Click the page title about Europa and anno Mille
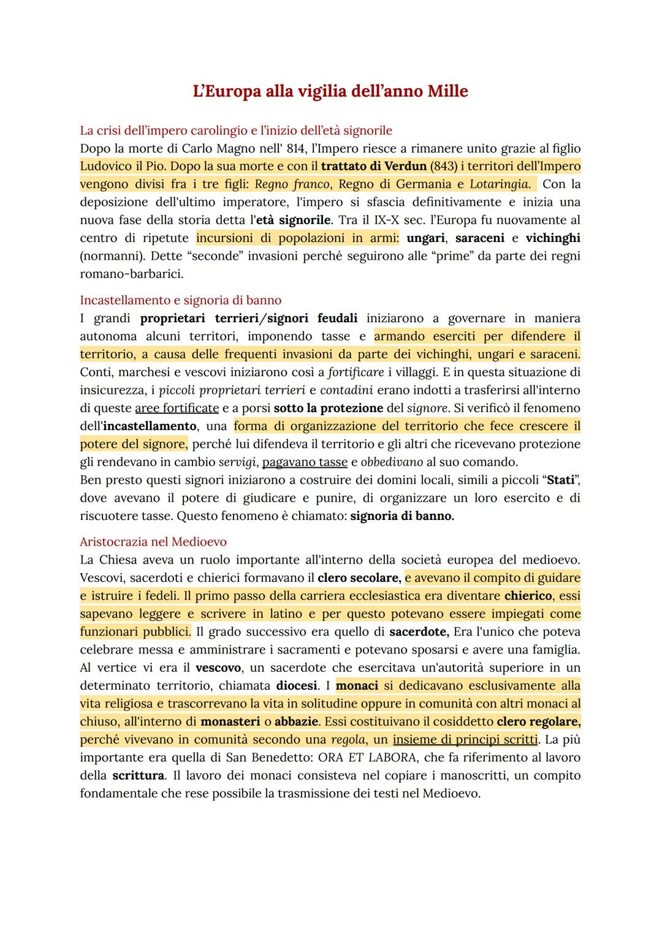[330, 91]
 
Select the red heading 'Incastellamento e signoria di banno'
[181, 300]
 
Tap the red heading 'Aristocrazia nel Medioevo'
[153, 541]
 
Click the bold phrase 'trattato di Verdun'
[373, 166]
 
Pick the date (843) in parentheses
[447, 166]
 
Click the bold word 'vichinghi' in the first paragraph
[553, 238]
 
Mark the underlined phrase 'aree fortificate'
[177, 408]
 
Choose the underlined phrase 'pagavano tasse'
[305, 462]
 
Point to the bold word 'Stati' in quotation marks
[560, 480]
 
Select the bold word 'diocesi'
[297, 685]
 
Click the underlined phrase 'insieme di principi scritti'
[465, 739]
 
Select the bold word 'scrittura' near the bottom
[138, 775]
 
